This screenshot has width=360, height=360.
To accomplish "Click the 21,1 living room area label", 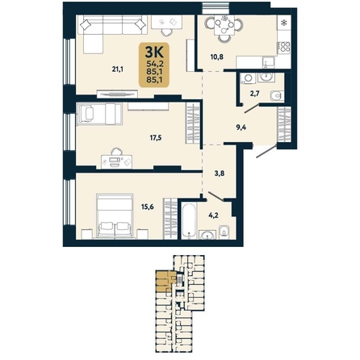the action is tap(118, 69).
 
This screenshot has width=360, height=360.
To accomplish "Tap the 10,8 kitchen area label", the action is tap(217, 57).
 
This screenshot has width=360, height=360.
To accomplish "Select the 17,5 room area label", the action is tap(156, 138).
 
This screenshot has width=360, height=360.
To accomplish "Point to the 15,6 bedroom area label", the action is tap(148, 207).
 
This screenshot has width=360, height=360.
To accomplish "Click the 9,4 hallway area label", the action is tap(241, 127).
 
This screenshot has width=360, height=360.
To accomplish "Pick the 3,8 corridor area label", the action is tap(220, 174).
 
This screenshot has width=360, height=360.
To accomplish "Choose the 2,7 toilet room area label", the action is tap(254, 94).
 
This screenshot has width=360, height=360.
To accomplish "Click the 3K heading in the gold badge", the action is tap(154, 52).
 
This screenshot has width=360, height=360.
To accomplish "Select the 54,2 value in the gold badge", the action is tap(154, 64).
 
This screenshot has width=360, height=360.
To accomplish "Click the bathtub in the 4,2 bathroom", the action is tap(189, 220).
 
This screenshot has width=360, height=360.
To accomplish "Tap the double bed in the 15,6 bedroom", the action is tap(115, 216).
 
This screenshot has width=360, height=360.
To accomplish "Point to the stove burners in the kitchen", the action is tap(285, 47).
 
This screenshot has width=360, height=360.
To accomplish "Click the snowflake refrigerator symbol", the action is tap(283, 23).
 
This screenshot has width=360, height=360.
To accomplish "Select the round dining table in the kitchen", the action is tap(224, 26).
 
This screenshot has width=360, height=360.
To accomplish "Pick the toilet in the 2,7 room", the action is tap(276, 96).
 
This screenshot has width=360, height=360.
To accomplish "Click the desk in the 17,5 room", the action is tap(117, 161).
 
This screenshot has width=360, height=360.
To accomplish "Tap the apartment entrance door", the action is tap(266, 151).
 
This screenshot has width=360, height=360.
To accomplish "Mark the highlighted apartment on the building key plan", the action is tap(165, 281).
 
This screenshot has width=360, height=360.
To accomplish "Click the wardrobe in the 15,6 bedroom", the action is tap(170, 218).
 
